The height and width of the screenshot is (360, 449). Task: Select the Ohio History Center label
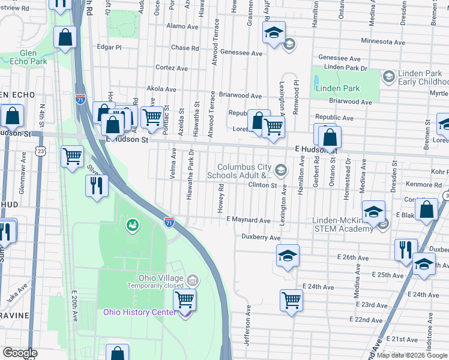[x=140, y=312]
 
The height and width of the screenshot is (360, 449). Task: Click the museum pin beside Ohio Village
[x=193, y=280]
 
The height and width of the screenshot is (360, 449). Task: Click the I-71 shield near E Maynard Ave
[x=170, y=222]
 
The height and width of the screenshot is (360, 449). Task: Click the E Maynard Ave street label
[x=248, y=220]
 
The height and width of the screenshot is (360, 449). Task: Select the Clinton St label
[x=262, y=185]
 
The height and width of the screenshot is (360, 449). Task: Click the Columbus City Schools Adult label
[x=242, y=171]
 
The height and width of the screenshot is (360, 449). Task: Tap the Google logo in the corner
[x=20, y=353]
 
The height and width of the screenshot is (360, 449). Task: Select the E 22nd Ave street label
[x=369, y=320]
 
